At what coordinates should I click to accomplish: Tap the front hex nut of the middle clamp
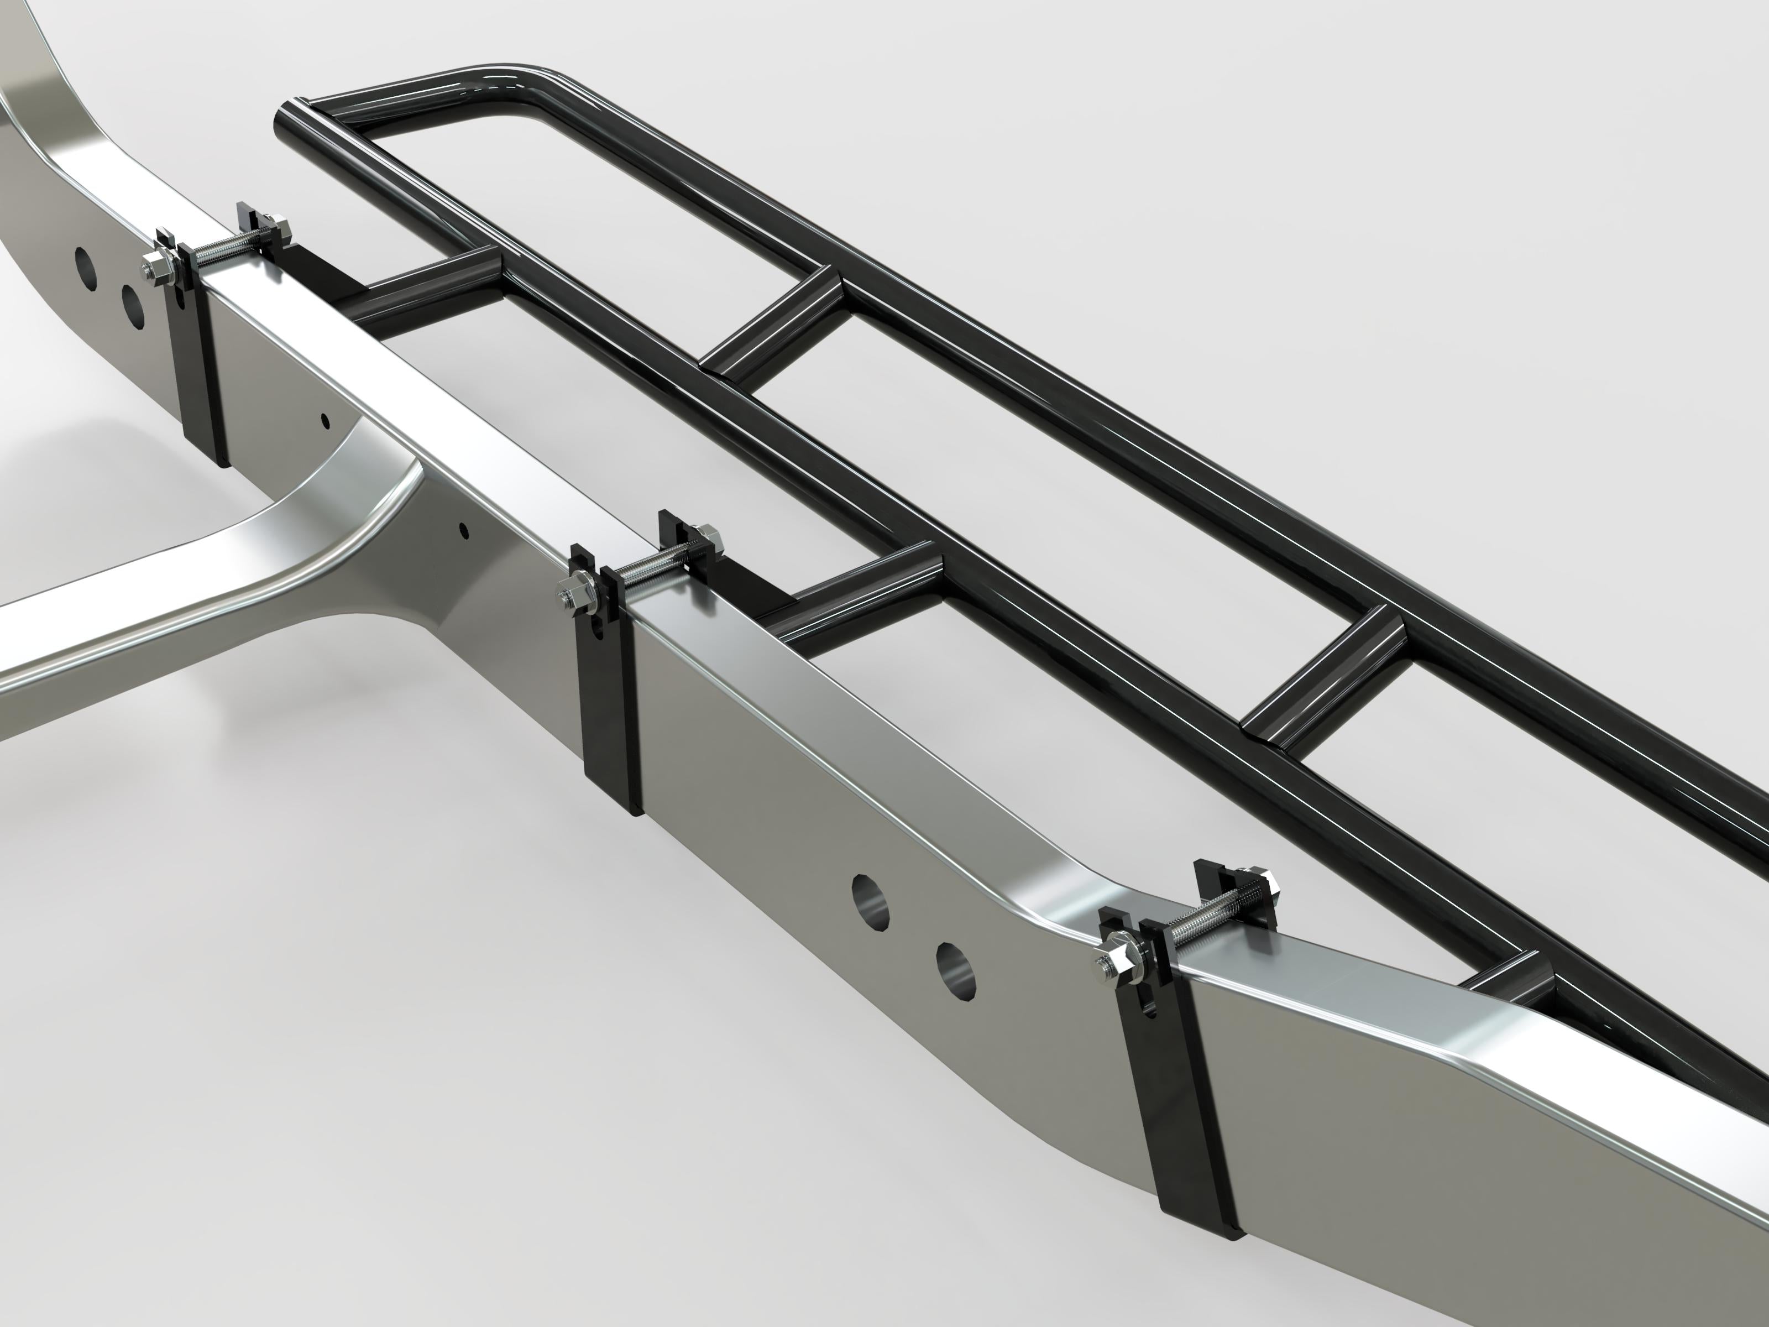pos(574,593)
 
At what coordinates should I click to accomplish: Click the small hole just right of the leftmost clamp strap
pos(324,419)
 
